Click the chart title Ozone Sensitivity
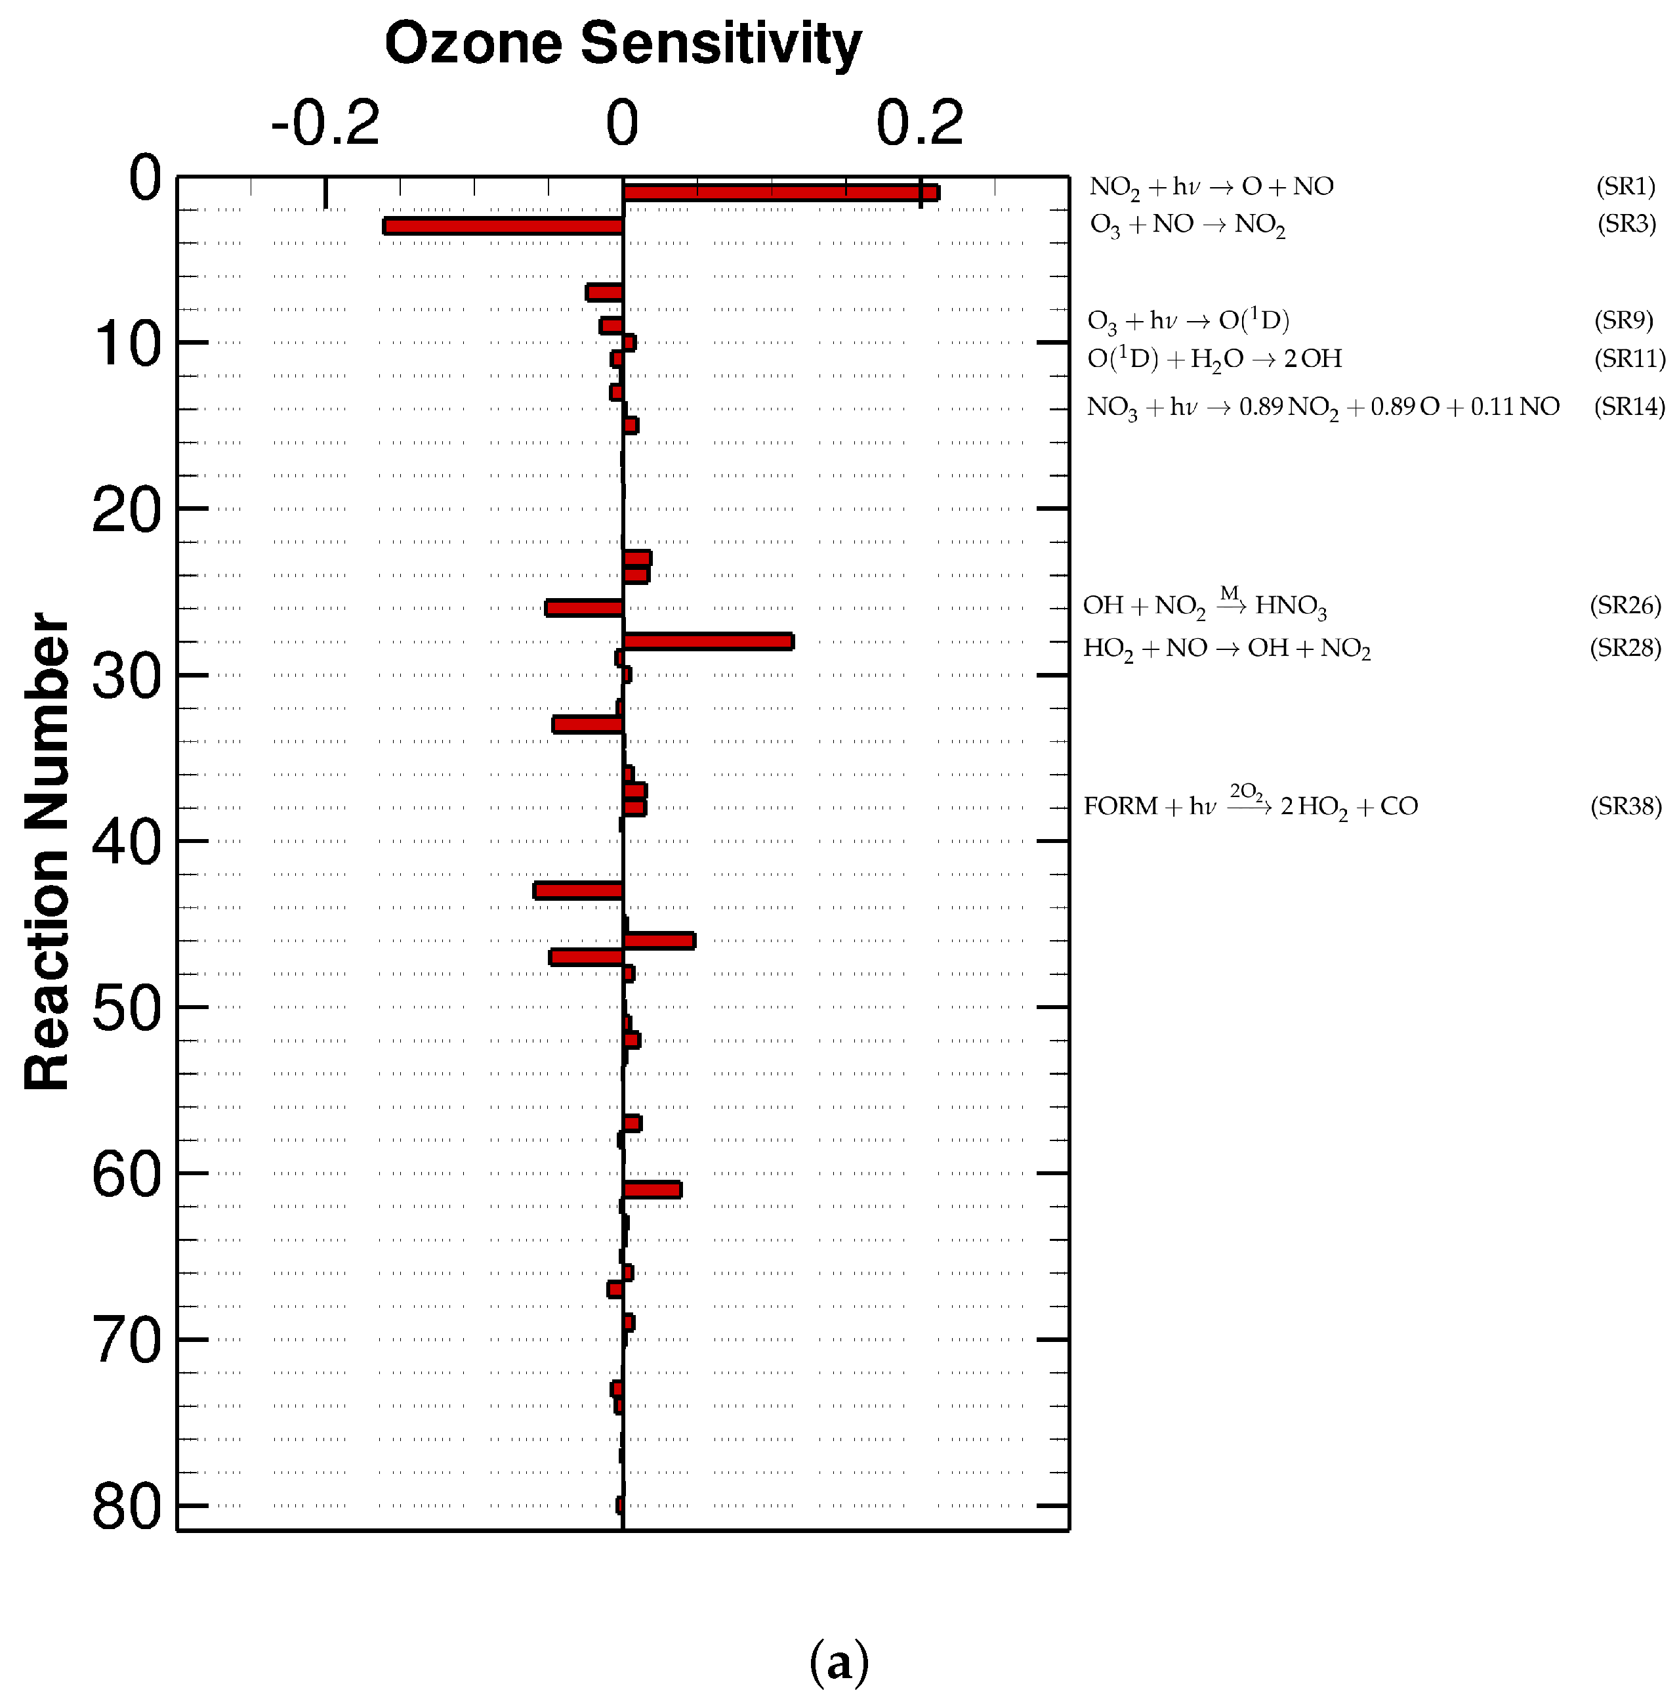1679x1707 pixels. [623, 44]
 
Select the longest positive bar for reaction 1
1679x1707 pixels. [780, 192]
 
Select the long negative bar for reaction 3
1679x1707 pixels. [503, 226]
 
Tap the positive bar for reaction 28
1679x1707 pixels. [708, 641]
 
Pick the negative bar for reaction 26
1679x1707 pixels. [584, 608]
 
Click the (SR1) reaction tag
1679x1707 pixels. [1625, 186]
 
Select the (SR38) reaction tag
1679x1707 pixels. [1625, 806]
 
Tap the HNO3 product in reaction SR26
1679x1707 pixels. [1290, 606]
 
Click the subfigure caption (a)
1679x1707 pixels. [839, 1662]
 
